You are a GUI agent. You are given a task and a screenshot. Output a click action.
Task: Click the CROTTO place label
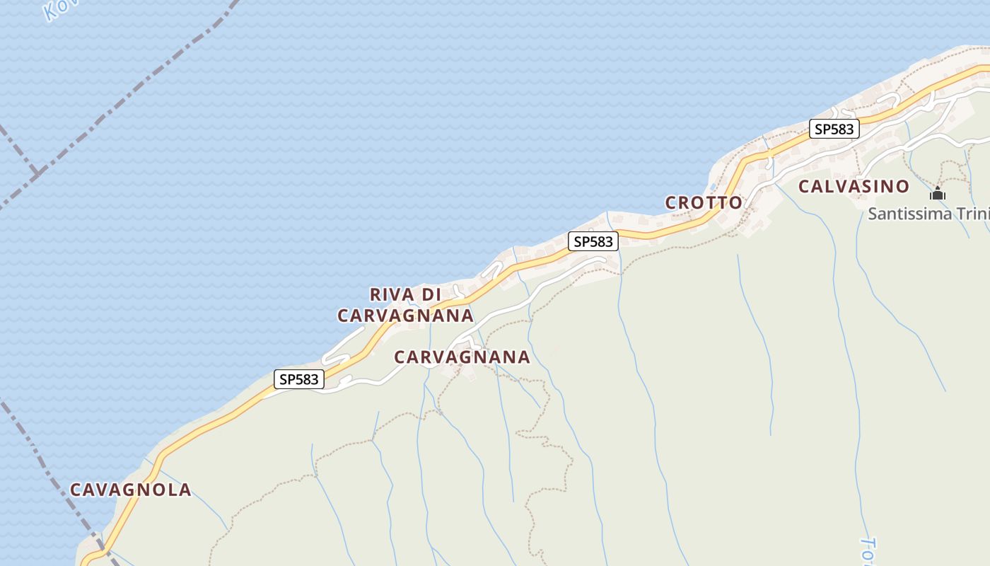[x=704, y=203]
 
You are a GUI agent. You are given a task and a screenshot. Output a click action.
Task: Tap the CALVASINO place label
[x=854, y=187]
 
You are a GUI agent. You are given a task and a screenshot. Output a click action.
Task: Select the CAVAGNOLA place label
[x=130, y=490]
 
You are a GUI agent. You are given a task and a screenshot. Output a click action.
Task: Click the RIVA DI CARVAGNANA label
[x=405, y=305]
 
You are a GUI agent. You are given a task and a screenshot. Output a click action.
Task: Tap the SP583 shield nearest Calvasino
[x=834, y=129]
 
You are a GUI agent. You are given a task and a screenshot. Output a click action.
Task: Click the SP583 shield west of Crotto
[x=593, y=241]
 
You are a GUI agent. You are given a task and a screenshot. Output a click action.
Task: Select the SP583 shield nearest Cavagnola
[x=299, y=379]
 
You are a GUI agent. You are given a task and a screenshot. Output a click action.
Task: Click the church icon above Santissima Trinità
[x=938, y=192]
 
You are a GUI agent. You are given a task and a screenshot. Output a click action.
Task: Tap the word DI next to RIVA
[x=431, y=294]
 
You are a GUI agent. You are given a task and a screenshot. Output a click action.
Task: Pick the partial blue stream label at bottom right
[x=869, y=550]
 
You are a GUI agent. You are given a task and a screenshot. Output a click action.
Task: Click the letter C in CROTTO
[x=672, y=203]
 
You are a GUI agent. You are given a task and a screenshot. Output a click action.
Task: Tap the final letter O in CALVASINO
[x=902, y=187]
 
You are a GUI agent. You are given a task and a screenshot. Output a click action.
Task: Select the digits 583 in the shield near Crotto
[x=600, y=241]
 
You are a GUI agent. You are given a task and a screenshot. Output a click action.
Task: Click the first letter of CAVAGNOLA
[x=76, y=490]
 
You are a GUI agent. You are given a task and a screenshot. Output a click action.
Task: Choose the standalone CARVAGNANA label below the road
[x=462, y=357]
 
